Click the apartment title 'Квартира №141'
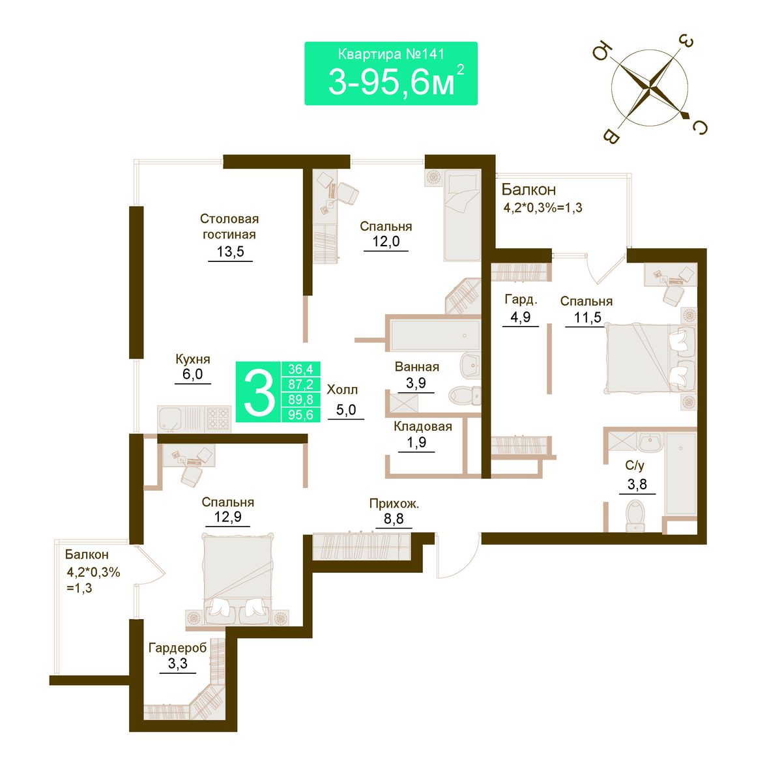(391, 54)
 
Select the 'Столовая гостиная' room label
(229, 226)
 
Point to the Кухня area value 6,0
(192, 374)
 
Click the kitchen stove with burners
(218, 418)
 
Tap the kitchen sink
(171, 418)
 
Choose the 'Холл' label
(343, 390)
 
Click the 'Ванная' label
(417, 367)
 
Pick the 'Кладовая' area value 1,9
(416, 442)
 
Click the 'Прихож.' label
(394, 504)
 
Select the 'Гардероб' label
(177, 648)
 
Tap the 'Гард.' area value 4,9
(520, 317)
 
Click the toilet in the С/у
(635, 516)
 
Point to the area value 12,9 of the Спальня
(227, 517)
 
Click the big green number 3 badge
(259, 392)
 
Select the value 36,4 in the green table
(300, 369)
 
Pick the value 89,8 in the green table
(300, 399)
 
